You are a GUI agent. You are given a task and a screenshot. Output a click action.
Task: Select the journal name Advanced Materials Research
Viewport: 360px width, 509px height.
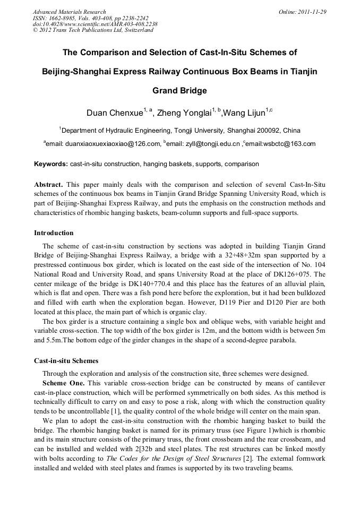point(69,12)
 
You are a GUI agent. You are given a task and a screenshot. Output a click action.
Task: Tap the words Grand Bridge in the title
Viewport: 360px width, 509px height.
point(179,90)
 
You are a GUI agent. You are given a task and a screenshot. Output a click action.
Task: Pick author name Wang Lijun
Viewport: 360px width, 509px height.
point(245,113)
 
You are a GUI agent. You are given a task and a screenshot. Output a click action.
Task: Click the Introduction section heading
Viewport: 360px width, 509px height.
point(54,233)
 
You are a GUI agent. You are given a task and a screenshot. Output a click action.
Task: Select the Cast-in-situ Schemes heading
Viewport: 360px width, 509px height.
point(66,360)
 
